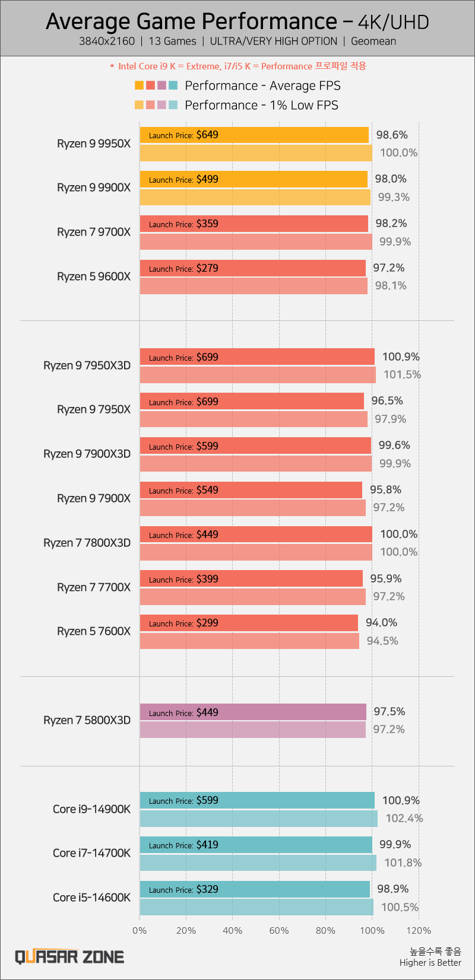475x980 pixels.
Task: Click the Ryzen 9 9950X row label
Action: [93, 144]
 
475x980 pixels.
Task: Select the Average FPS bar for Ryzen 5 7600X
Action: [249, 623]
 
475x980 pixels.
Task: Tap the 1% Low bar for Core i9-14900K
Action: [258, 819]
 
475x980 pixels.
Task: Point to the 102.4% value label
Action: [404, 819]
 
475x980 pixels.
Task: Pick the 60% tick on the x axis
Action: [279, 931]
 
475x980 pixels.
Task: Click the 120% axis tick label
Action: [419, 931]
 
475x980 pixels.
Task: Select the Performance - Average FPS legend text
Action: [262, 85]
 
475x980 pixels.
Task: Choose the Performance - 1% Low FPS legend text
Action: [261, 105]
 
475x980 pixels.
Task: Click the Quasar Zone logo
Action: [69, 957]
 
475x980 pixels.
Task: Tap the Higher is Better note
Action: [430, 963]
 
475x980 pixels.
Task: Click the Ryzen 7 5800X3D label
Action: [87, 720]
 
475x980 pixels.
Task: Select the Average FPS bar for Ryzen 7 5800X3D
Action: [253, 712]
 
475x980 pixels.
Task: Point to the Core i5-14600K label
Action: [91, 898]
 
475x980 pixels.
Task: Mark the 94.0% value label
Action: [381, 622]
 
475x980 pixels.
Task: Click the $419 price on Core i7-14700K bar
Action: [207, 845]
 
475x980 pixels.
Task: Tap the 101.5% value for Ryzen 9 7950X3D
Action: [401, 374]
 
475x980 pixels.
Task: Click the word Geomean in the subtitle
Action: [373, 42]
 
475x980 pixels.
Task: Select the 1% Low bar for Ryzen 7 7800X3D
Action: [256, 552]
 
